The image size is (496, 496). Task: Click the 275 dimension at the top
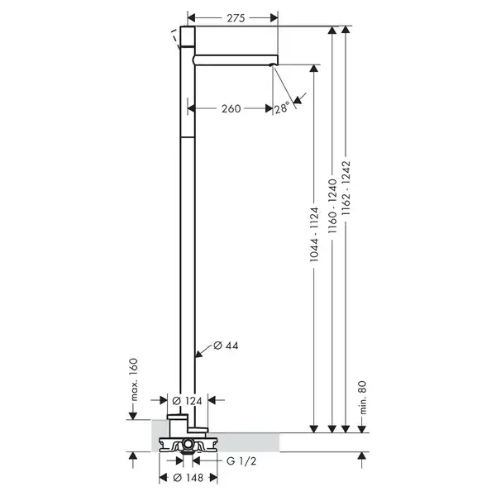click(236, 18)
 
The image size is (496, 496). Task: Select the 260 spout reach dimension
click(231, 108)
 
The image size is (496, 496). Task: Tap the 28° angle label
click(282, 107)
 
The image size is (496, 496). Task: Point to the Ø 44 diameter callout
click(226, 346)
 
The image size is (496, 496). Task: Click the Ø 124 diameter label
click(187, 401)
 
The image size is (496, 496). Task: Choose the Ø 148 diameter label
click(188, 477)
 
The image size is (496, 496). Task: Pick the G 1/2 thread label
click(241, 461)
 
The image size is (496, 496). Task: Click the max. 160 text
click(134, 379)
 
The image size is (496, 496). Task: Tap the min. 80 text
click(363, 398)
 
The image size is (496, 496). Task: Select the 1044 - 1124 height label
click(314, 235)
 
